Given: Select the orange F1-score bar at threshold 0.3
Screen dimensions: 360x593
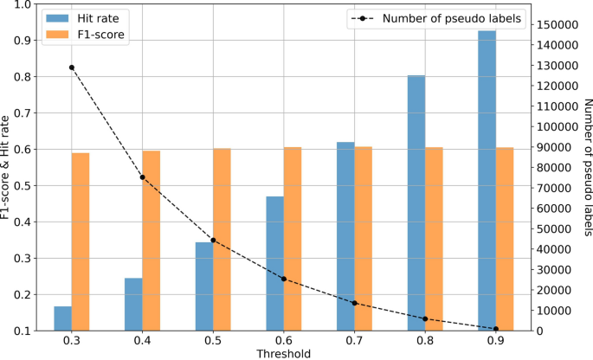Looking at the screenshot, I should [x=81, y=241].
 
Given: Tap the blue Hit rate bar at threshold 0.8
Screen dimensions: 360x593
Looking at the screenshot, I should [x=416, y=202].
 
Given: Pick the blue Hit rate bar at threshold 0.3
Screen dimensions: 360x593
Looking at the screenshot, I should [x=62, y=318].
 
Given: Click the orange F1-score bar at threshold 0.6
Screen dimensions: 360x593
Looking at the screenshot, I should [x=293, y=238].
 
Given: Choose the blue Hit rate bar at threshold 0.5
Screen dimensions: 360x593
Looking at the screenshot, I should [x=204, y=286].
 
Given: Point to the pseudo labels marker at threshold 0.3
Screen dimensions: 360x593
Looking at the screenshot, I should [x=72, y=67].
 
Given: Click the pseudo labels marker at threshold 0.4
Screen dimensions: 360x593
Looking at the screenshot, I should [x=143, y=177].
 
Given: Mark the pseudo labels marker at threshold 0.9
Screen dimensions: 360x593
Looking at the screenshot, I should [x=496, y=329].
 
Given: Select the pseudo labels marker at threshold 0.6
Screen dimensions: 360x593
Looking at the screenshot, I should [x=284, y=279].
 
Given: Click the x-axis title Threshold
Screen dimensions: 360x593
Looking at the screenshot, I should [x=283, y=353].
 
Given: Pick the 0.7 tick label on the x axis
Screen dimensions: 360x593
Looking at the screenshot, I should [x=354, y=341].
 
